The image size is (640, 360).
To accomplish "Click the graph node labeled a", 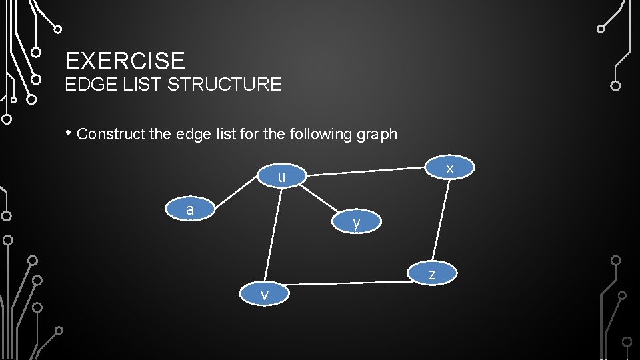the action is click(x=190, y=209).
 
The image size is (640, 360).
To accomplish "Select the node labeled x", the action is click(x=450, y=168).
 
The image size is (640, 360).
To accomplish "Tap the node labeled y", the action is click(x=357, y=222).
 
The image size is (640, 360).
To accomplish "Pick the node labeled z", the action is click(x=433, y=273).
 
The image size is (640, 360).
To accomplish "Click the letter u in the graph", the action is click(x=282, y=177).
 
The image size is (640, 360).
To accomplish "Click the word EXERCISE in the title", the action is click(x=125, y=61).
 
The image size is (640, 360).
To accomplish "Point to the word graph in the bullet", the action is click(x=377, y=135).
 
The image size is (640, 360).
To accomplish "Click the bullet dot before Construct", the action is click(x=68, y=132).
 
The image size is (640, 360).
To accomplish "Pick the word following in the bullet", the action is click(x=321, y=135).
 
